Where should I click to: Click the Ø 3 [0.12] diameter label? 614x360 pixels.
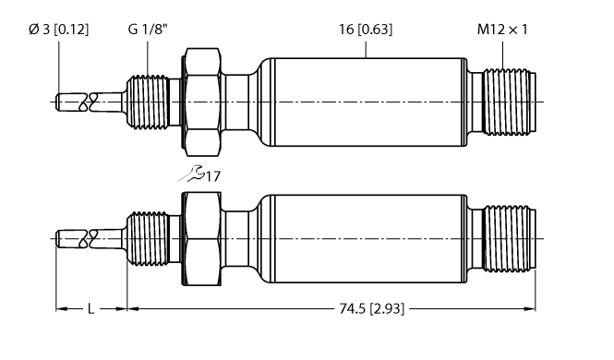(x=59, y=30)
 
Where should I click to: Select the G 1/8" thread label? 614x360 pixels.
(x=147, y=30)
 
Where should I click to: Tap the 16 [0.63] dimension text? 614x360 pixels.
(x=365, y=30)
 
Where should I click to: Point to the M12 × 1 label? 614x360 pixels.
(x=502, y=30)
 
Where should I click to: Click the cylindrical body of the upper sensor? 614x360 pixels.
(x=360, y=101)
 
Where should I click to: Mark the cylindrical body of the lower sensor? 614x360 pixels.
(x=360, y=239)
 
